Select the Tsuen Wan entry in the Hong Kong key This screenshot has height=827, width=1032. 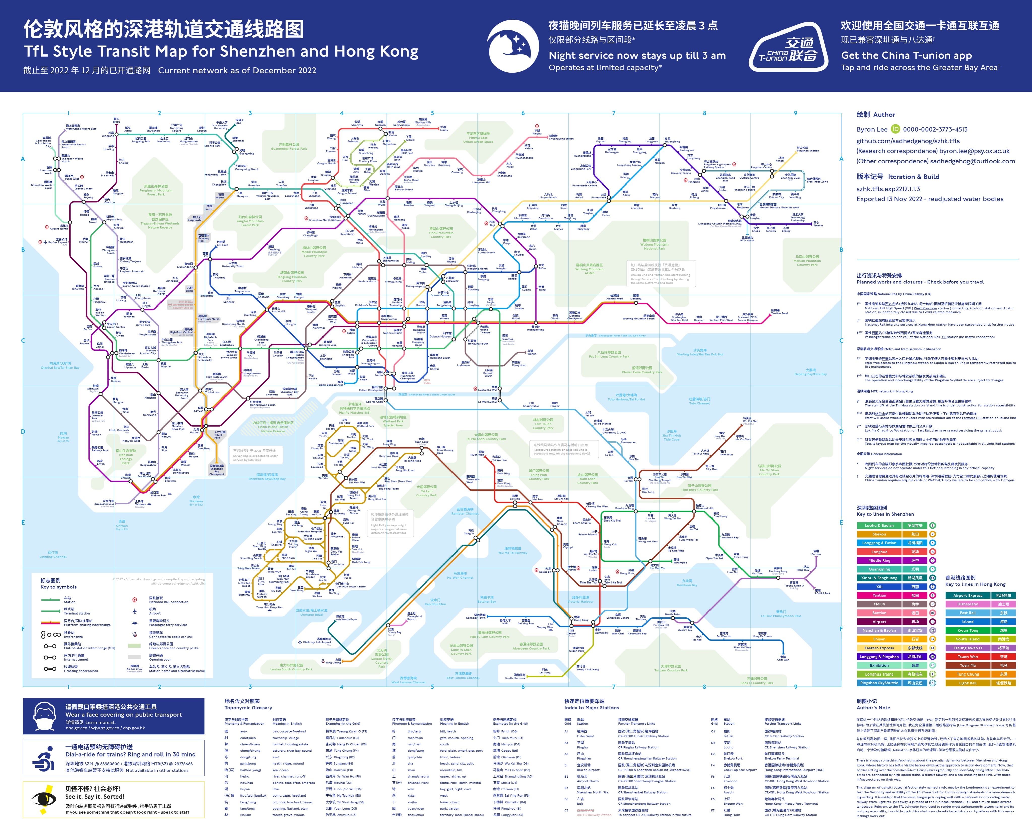point(980,657)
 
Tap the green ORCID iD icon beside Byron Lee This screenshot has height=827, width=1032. point(895,129)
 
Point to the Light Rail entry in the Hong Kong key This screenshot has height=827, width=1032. point(980,683)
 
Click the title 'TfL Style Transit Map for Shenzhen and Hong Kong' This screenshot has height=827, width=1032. point(221,51)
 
